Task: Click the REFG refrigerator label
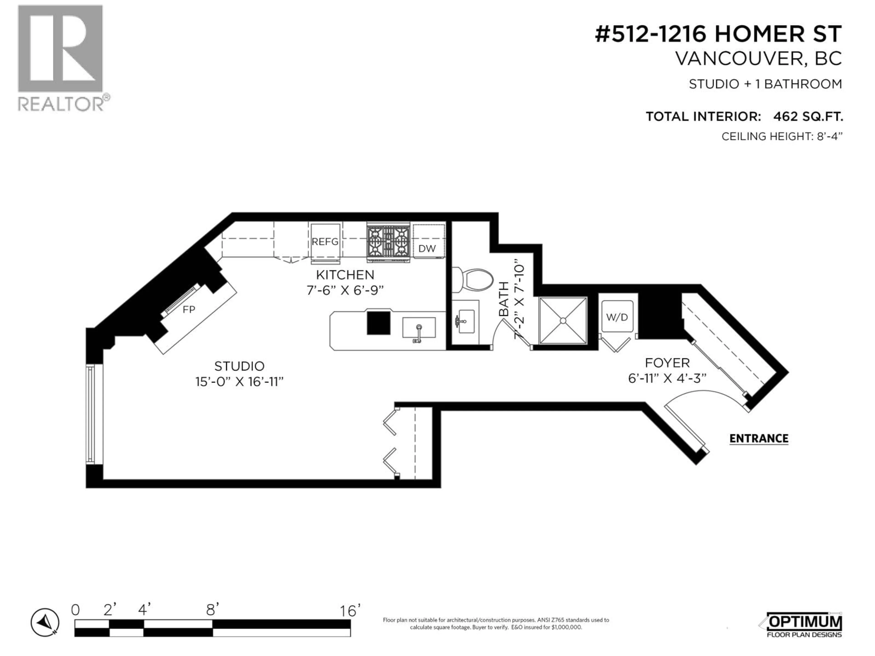coord(325,242)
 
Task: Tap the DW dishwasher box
coord(427,248)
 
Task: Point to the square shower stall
coord(563,320)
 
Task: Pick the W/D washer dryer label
coord(617,317)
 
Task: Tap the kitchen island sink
coord(419,328)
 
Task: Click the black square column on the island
coord(378,323)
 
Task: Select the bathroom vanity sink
coord(464,321)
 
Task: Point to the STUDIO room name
coord(239,366)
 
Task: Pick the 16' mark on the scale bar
coord(350,611)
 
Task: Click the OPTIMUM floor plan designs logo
coord(803,625)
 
